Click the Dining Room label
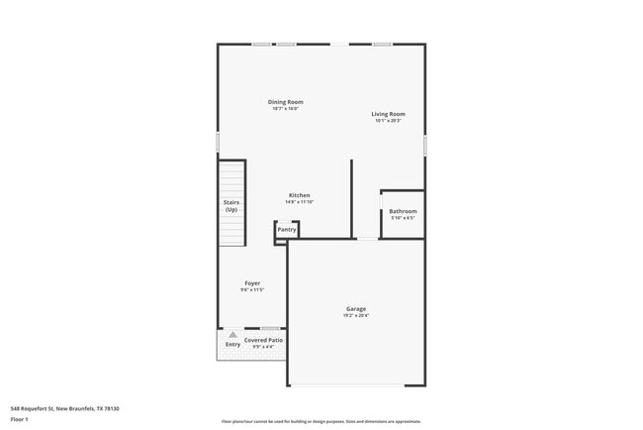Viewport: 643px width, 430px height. click(x=285, y=102)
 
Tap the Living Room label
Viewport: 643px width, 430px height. click(x=388, y=114)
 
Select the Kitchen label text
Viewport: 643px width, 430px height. click(x=300, y=195)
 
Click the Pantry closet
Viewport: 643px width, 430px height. click(x=287, y=230)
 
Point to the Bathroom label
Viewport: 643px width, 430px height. click(x=403, y=211)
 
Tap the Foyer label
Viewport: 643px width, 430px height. click(x=252, y=283)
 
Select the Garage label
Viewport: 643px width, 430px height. click(x=356, y=309)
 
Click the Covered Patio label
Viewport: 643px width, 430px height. click(x=264, y=340)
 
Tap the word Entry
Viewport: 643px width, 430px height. click(x=232, y=345)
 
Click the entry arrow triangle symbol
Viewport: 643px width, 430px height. click(x=232, y=335)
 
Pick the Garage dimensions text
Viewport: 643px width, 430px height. click(x=356, y=316)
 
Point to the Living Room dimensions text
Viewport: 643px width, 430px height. click(x=388, y=121)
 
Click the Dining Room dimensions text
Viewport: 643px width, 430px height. click(x=285, y=109)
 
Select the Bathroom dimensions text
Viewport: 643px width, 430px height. click(x=403, y=218)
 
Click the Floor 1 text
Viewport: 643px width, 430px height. click(x=20, y=419)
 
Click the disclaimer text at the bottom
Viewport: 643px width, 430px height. click(x=321, y=421)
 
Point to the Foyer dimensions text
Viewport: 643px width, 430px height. click(x=252, y=290)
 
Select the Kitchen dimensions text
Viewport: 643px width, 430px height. click(x=300, y=202)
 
